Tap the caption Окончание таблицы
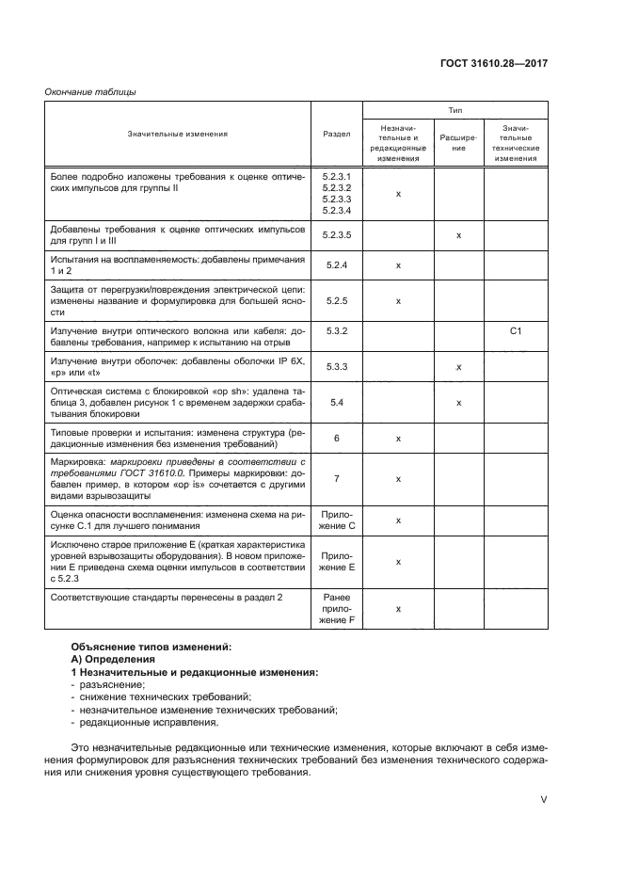(91, 91)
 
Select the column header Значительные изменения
(178, 134)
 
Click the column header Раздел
(336, 134)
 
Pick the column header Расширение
(458, 142)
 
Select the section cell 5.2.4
(336, 265)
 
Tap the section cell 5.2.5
(336, 301)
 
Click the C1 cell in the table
(516, 331)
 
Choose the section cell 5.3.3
(336, 367)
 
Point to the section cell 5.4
(336, 402)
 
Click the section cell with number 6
(336, 438)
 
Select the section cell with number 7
(336, 478)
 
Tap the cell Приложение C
(336, 520)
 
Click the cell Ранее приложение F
(336, 609)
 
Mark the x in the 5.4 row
(458, 402)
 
